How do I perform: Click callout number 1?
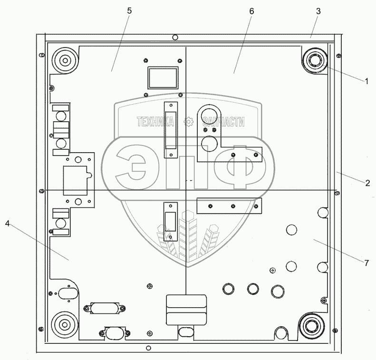click(366, 80)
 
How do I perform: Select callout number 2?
click(367, 183)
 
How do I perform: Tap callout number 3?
click(318, 12)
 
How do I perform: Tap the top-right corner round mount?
click(314, 61)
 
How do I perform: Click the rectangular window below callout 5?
click(163, 78)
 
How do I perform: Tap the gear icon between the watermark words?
click(189, 122)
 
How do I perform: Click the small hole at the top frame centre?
click(175, 37)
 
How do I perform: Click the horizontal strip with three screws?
click(230, 205)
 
